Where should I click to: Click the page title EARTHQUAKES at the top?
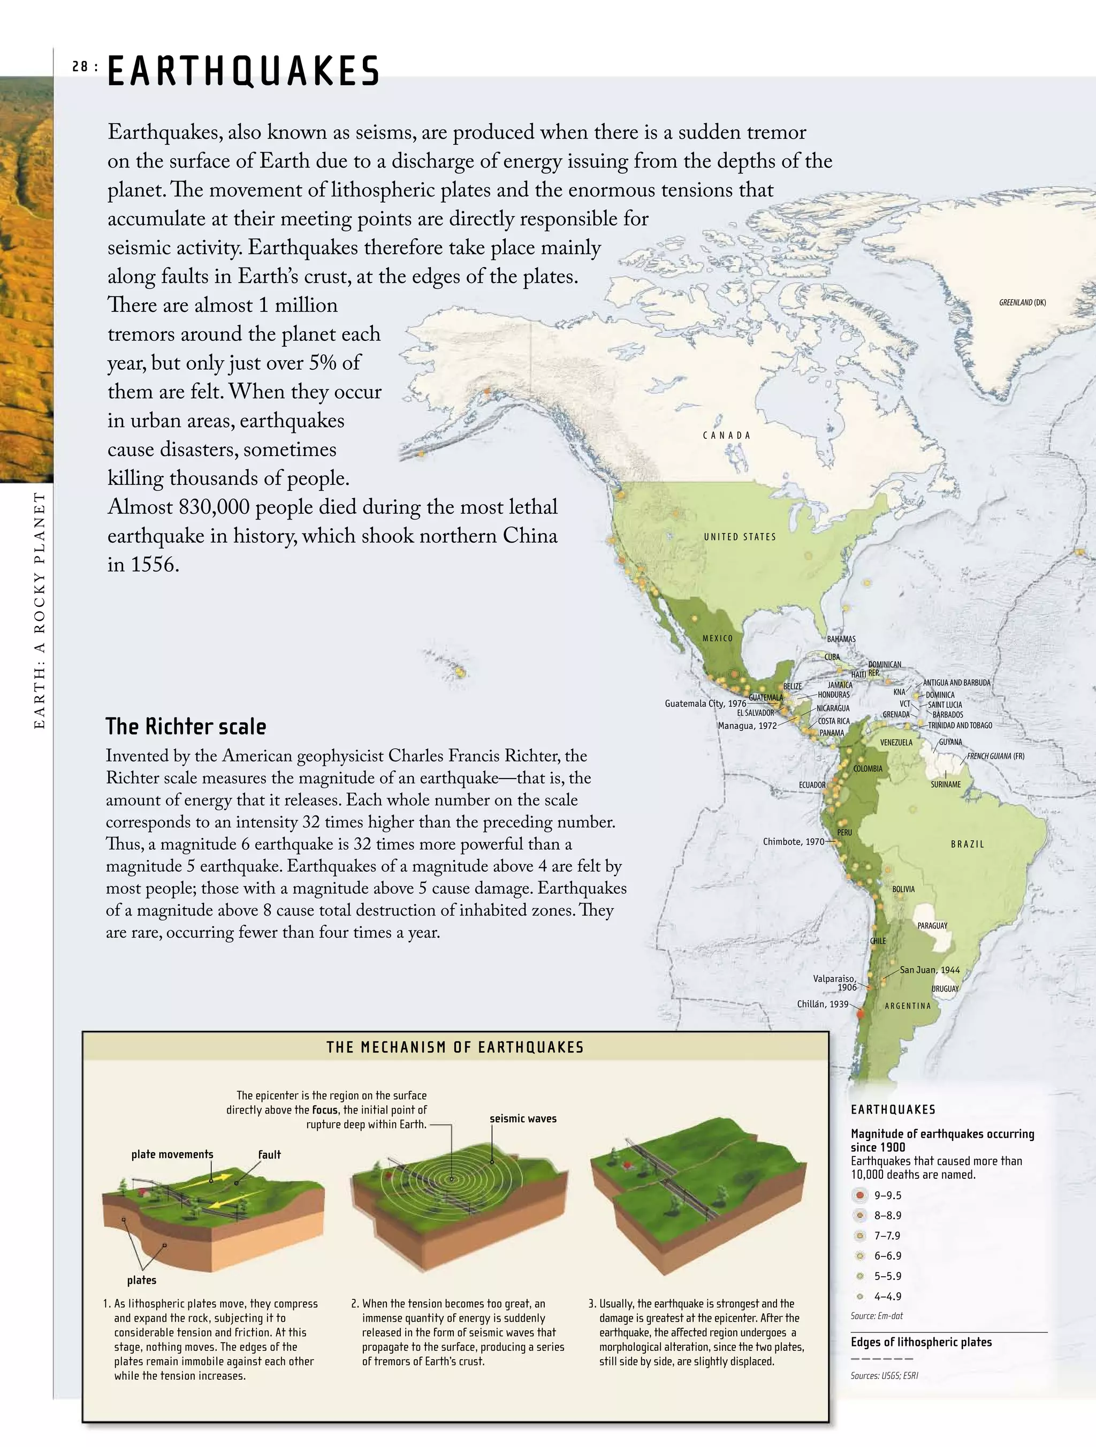click(243, 71)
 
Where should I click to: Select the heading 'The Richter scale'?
click(186, 726)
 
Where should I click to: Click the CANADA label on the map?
click(727, 435)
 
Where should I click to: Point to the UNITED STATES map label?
click(740, 536)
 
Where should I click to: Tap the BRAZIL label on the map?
click(968, 844)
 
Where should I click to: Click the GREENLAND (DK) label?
click(1022, 302)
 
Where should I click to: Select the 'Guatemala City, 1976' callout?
click(705, 703)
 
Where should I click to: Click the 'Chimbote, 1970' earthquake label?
click(793, 841)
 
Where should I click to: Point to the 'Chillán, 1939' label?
click(822, 1003)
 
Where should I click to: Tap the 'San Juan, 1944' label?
click(929, 970)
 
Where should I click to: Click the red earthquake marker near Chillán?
click(861, 1014)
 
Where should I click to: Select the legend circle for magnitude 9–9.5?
click(861, 1195)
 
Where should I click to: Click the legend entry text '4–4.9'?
click(887, 1296)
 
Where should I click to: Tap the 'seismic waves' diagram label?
click(523, 1118)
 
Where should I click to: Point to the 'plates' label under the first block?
click(141, 1280)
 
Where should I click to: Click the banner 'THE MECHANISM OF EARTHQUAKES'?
click(455, 1047)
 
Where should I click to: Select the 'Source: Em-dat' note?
click(876, 1315)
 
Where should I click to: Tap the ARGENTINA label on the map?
click(908, 1006)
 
